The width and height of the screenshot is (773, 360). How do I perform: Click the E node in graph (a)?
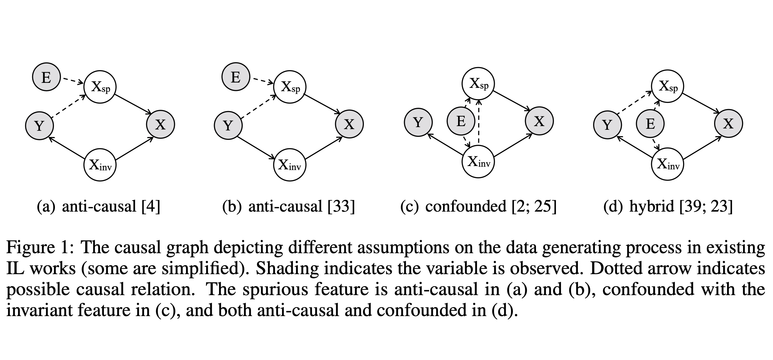click(46, 78)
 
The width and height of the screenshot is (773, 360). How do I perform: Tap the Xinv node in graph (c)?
click(478, 162)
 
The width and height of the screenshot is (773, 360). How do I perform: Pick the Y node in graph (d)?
click(608, 125)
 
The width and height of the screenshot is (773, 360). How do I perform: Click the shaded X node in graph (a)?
click(160, 124)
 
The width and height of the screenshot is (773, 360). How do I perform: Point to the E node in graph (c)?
click(461, 121)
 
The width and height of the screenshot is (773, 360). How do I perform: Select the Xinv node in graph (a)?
click(100, 165)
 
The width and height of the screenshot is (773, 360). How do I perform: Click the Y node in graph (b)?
click(228, 125)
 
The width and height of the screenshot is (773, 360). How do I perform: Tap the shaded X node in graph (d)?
click(728, 123)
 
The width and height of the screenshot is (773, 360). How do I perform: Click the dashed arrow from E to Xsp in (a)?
click(73, 81)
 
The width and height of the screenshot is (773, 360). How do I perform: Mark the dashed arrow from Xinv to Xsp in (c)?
click(478, 122)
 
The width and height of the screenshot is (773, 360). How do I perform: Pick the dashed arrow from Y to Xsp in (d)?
click(634, 103)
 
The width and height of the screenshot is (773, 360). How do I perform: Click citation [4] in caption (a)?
click(150, 206)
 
